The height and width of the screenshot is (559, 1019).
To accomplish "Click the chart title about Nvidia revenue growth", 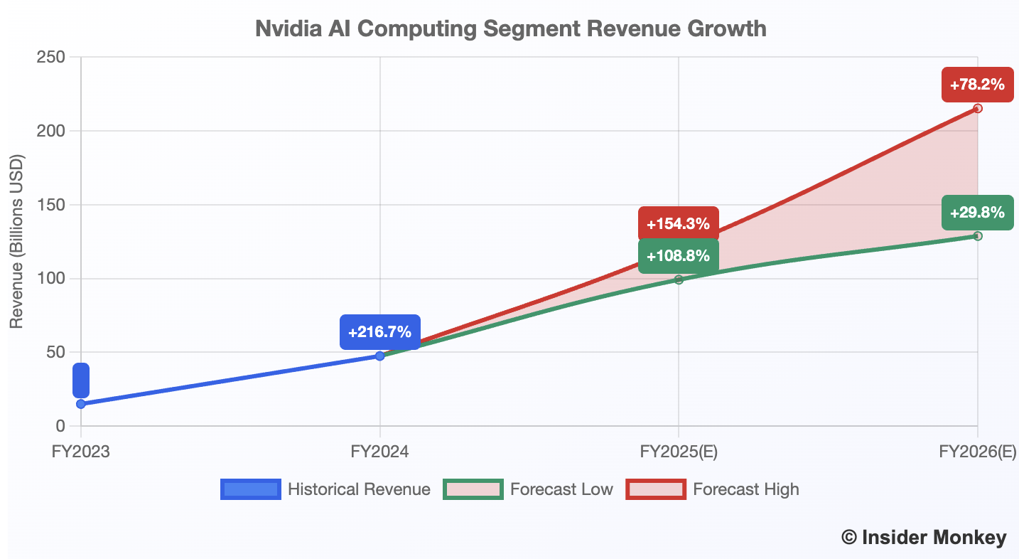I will [510, 29].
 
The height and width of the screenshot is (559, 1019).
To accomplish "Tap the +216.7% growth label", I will [379, 331].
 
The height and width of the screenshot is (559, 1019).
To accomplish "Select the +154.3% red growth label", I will [678, 224].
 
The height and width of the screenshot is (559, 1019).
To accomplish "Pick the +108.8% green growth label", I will [678, 256].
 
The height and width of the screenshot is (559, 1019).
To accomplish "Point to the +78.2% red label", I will [977, 85].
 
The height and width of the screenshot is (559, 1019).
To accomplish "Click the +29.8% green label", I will [977, 212].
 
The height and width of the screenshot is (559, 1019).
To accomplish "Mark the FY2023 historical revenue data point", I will [81, 404].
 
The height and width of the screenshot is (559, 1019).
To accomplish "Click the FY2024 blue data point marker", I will [380, 356].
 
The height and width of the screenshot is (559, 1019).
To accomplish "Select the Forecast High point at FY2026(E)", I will [978, 108].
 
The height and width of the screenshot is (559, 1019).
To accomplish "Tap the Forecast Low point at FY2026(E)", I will [978, 235].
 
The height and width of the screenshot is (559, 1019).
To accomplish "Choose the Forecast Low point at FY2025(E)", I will [679, 279].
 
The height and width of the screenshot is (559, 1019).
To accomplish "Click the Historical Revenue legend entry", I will [325, 489].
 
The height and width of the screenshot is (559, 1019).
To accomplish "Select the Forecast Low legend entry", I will [528, 489].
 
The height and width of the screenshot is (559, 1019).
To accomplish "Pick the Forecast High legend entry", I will [712, 489].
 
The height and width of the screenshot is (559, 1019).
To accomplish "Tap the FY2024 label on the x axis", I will [380, 452].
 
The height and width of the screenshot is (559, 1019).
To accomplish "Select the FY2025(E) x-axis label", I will [679, 452].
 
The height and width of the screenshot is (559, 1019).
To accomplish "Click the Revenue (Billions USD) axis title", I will [17, 242].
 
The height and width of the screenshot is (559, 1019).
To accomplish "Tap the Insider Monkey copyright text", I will [924, 538].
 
